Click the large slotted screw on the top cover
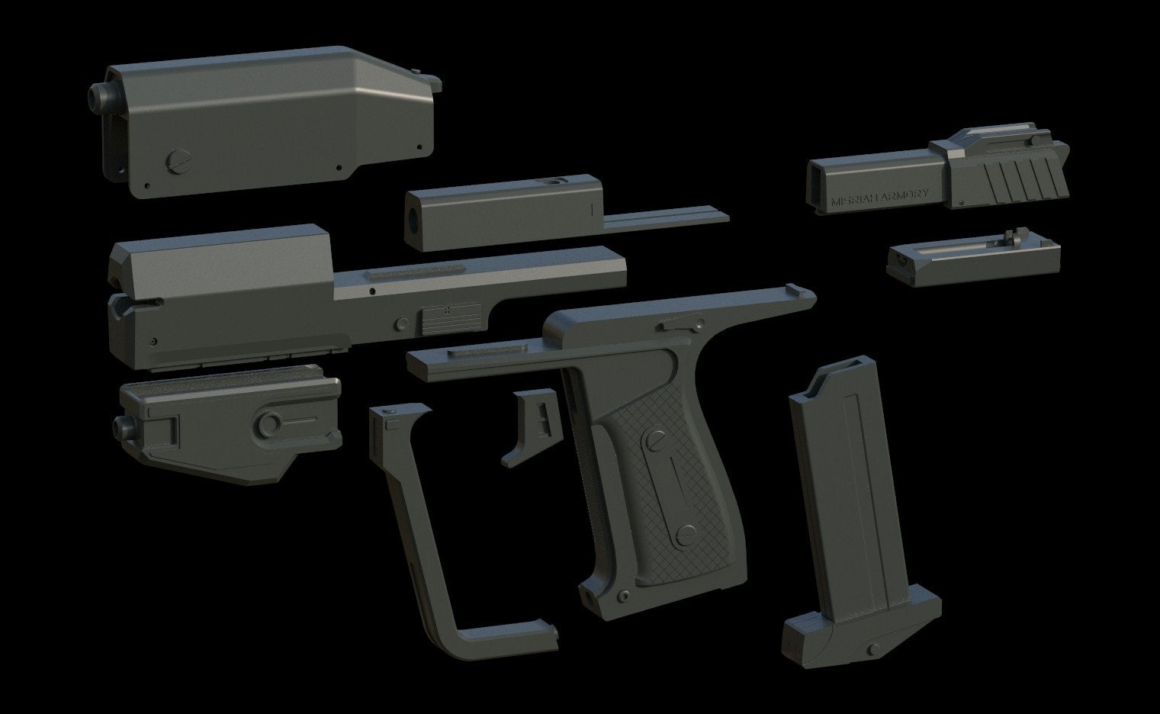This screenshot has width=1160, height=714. pyautogui.click(x=176, y=160)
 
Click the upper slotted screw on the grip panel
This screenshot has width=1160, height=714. pyautogui.click(x=654, y=441)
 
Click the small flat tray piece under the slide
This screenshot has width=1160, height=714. pyautogui.click(x=972, y=259)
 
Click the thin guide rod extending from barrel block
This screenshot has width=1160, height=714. pyautogui.click(x=664, y=221)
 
